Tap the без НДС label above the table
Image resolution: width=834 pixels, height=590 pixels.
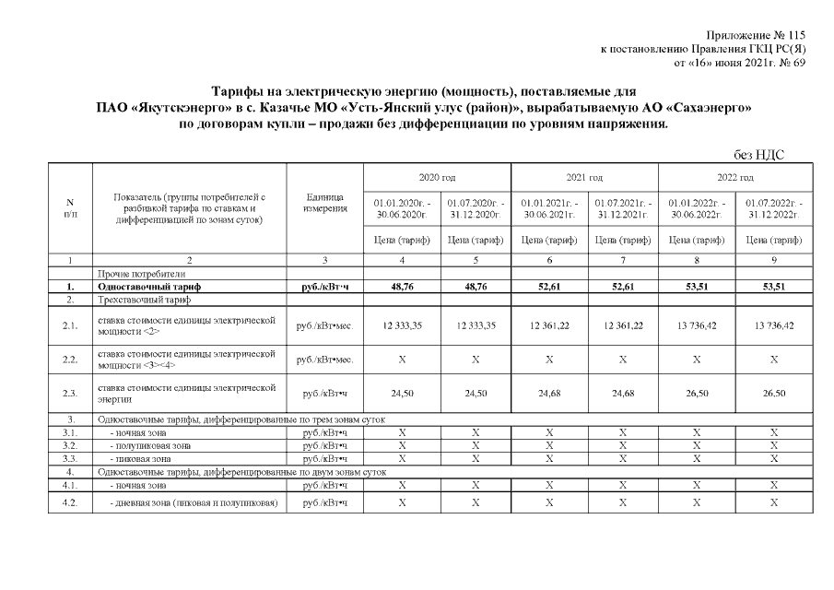tap(758, 155)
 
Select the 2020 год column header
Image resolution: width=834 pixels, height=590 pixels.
tap(438, 177)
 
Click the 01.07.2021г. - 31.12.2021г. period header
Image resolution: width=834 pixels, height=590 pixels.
tap(622, 208)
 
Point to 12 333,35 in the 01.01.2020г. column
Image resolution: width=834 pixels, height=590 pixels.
tap(401, 325)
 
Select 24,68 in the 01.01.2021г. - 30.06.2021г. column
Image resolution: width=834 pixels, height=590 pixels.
tap(547, 394)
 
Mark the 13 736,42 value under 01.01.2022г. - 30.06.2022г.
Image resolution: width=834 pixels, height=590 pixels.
tap(697, 325)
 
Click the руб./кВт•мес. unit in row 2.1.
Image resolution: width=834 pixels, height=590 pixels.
tap(324, 325)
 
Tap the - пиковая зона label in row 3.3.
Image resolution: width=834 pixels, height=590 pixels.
tap(140, 458)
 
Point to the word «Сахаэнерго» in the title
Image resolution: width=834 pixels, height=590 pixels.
tap(711, 108)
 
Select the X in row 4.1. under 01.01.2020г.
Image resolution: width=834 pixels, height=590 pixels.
tap(401, 484)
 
